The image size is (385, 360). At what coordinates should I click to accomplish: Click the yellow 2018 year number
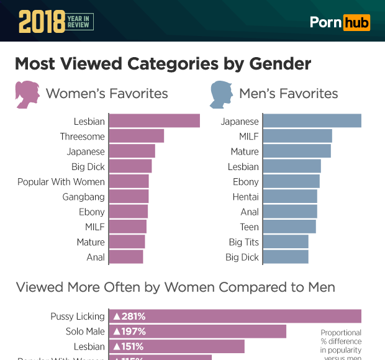(41, 22)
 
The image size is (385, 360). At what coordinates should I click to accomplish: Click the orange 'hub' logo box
(357, 22)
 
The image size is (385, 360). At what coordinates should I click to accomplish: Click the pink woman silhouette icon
(27, 94)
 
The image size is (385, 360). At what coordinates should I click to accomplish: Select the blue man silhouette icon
(221, 94)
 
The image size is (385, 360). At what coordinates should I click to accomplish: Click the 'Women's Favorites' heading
(107, 94)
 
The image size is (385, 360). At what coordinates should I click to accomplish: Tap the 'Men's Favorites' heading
(288, 94)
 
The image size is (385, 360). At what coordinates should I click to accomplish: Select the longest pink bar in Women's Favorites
(154, 121)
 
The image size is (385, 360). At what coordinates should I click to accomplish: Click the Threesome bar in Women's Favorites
(137, 136)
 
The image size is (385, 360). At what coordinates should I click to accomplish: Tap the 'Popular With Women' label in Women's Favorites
(61, 182)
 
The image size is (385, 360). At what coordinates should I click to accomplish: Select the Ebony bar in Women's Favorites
(129, 212)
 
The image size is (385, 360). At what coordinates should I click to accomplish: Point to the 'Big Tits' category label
(243, 242)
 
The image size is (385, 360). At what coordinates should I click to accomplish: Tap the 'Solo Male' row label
(85, 331)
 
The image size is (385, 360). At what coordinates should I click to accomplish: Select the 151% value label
(128, 346)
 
